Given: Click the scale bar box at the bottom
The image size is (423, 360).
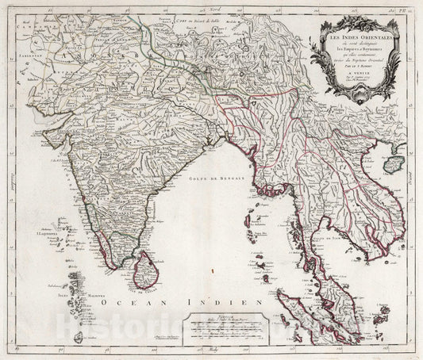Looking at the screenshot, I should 226,332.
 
